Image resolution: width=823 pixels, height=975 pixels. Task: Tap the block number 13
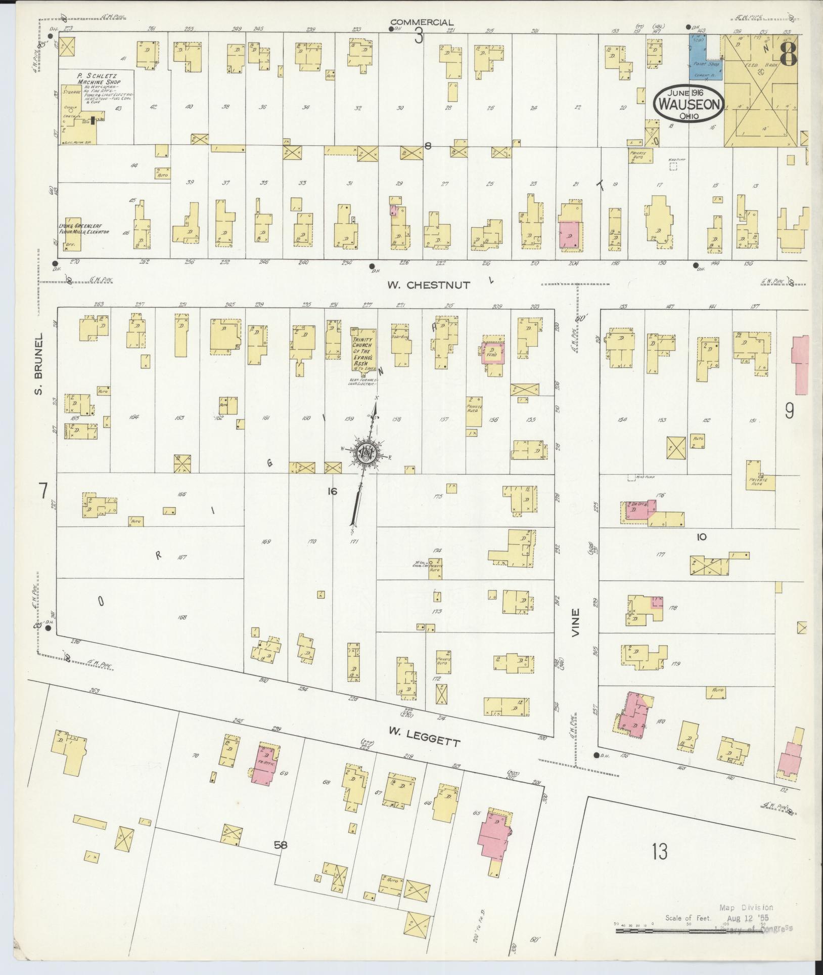point(659,851)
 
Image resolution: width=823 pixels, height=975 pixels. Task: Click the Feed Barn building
point(760,91)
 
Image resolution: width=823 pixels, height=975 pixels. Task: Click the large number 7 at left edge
point(43,490)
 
